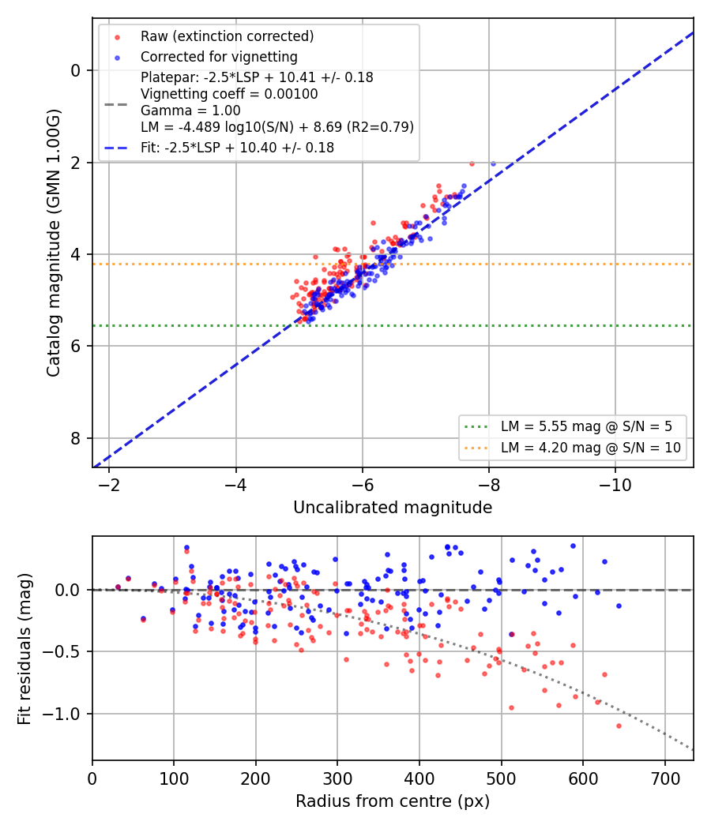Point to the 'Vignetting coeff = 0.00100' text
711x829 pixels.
click(x=229, y=94)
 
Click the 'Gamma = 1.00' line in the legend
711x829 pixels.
click(x=190, y=111)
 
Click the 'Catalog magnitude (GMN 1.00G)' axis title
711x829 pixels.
click(x=54, y=243)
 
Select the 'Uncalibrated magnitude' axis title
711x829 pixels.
click(x=393, y=508)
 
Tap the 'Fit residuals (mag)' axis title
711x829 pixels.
click(x=24, y=649)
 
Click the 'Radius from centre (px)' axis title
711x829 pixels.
click(x=393, y=801)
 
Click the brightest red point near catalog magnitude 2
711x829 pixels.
click(x=472, y=164)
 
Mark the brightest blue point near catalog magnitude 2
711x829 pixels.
click(x=493, y=164)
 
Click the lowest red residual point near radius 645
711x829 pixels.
click(x=619, y=726)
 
